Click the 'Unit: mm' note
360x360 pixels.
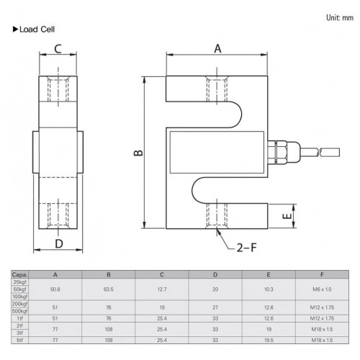point(340,17)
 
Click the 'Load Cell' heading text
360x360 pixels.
point(37,30)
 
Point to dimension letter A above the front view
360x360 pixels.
point(217,49)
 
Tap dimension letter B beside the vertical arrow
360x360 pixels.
point(138,153)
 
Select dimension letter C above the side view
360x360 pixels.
point(58,49)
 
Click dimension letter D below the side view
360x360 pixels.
point(59,243)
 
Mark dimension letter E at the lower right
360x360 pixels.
point(287,216)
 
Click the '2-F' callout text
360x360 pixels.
point(247,248)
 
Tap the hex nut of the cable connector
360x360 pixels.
point(281,153)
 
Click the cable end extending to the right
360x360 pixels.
point(329,152)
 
